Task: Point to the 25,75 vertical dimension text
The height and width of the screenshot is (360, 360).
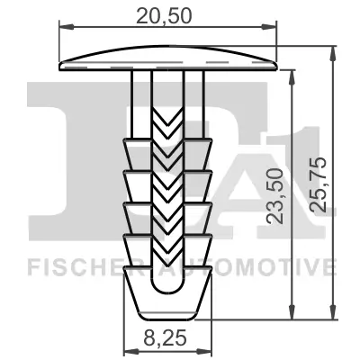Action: point(317,194)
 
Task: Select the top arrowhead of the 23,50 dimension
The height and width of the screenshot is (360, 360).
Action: point(292,76)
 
